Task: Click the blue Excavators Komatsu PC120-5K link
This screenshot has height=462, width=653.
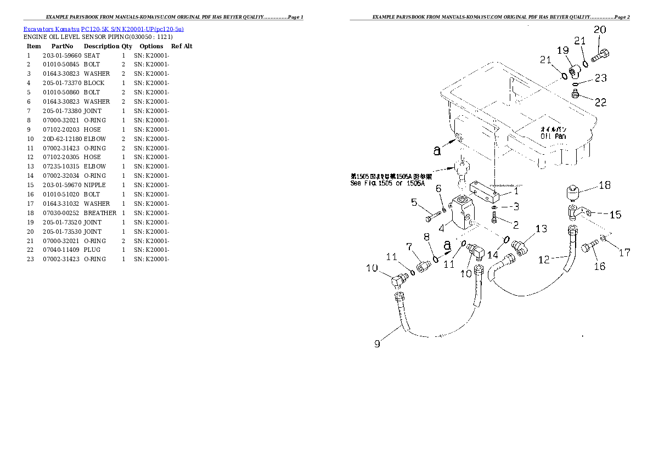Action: click(104, 29)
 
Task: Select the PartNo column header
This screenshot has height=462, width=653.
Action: click(63, 47)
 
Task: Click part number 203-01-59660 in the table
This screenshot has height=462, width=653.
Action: click(62, 55)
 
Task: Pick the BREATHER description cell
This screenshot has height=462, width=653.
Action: click(100, 213)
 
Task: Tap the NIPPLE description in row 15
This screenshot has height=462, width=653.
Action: click(94, 185)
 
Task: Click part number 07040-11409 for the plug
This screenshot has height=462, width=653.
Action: click(62, 250)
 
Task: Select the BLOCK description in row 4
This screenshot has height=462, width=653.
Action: click(94, 83)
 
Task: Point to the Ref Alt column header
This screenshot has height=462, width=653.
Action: click(182, 47)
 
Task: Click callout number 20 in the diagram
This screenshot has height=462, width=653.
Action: click(600, 30)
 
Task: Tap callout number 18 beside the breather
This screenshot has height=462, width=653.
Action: click(604, 185)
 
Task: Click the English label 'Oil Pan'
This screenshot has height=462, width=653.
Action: click(553, 136)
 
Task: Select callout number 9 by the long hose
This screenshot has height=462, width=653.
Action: click(378, 344)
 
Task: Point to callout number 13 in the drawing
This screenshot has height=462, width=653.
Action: click(541, 229)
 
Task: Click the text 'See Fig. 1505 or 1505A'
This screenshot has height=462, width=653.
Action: click(387, 183)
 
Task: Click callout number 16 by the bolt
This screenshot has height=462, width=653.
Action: click(600, 266)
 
